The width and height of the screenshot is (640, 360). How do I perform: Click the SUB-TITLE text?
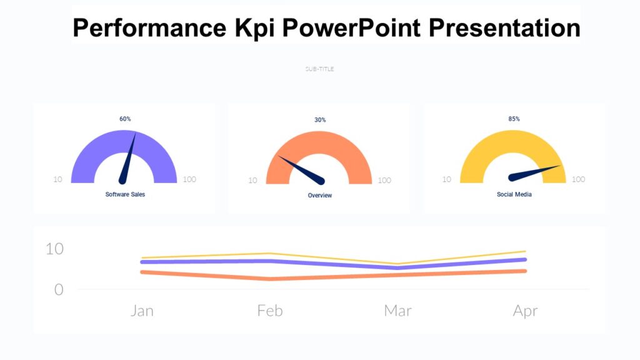(x=319, y=69)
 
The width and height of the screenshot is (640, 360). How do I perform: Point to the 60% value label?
(x=125, y=119)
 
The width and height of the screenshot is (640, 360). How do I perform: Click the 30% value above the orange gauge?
(x=320, y=120)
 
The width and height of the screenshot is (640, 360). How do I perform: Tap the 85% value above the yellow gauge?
(x=514, y=119)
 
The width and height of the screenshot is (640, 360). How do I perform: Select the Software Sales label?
(x=125, y=194)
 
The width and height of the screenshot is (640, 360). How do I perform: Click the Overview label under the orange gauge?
(x=320, y=196)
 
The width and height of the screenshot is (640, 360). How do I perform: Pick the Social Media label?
(x=514, y=194)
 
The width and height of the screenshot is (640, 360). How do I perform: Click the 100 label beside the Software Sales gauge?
(x=189, y=179)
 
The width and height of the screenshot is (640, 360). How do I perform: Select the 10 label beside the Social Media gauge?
(x=447, y=179)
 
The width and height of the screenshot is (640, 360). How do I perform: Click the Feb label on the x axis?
(x=270, y=311)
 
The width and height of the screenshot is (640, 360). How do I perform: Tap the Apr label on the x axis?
(x=525, y=311)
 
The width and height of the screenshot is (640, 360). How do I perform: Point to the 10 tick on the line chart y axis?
(x=54, y=249)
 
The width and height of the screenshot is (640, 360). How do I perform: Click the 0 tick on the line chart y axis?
(x=59, y=289)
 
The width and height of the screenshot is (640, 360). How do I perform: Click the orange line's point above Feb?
(x=270, y=279)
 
